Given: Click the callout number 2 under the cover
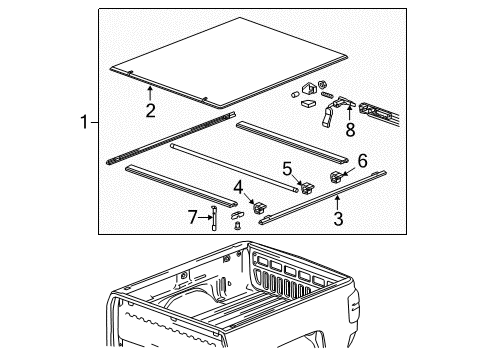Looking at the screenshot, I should [x=149, y=110].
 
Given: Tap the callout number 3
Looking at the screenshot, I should [x=338, y=217].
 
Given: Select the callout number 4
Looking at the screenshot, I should [x=238, y=186].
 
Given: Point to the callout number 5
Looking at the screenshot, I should [x=286, y=168].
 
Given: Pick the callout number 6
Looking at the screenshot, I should [x=361, y=159].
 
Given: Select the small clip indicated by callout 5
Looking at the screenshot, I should [x=297, y=182].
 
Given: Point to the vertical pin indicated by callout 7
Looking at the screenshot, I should [x=214, y=218].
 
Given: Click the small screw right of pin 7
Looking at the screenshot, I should [x=237, y=227].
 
